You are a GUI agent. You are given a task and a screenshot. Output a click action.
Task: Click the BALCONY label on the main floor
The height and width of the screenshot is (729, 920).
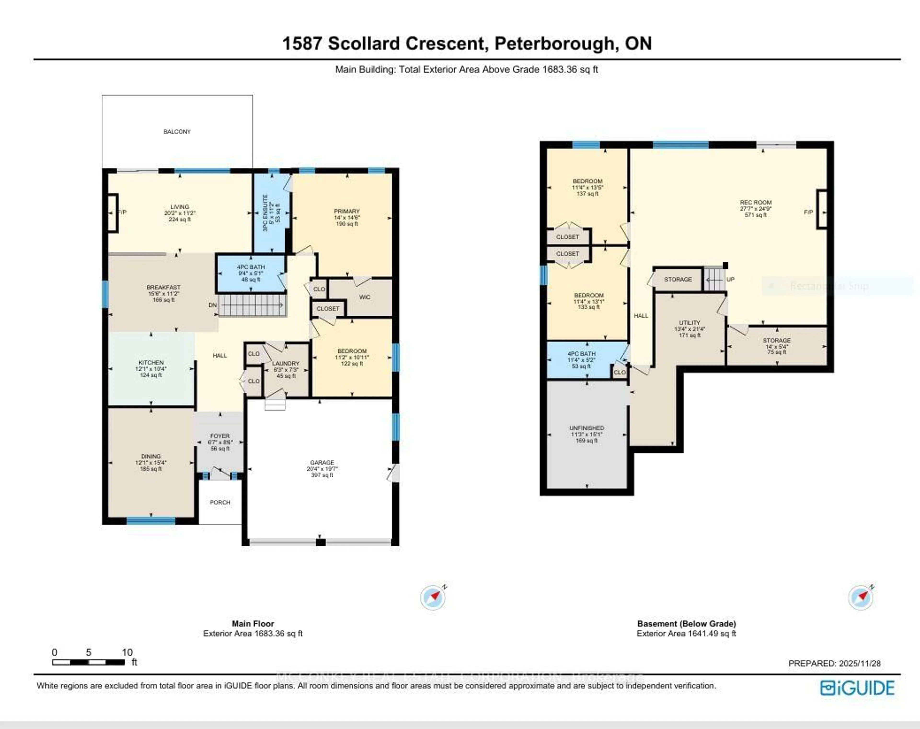(177, 132)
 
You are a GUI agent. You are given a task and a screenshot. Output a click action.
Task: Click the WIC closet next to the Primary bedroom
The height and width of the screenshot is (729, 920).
(364, 297)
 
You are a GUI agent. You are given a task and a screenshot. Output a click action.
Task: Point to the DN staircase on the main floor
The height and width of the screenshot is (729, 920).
(252, 305)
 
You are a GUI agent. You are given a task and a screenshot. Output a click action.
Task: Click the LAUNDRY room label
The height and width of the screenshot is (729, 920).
(286, 364)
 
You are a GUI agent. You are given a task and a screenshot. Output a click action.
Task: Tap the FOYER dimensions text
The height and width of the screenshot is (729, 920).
(220, 442)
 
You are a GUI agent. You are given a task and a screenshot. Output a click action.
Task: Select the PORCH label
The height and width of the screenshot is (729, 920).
(220, 502)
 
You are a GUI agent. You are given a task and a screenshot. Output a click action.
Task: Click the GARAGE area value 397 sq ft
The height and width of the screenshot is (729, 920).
(322, 475)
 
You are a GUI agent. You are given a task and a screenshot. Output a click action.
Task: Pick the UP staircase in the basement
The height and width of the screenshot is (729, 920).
(714, 280)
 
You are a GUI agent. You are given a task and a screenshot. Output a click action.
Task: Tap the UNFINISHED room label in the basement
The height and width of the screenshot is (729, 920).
(587, 428)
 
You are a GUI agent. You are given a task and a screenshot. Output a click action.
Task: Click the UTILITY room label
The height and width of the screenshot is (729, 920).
(690, 323)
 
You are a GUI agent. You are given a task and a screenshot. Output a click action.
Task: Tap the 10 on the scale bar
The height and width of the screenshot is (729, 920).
(127, 652)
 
